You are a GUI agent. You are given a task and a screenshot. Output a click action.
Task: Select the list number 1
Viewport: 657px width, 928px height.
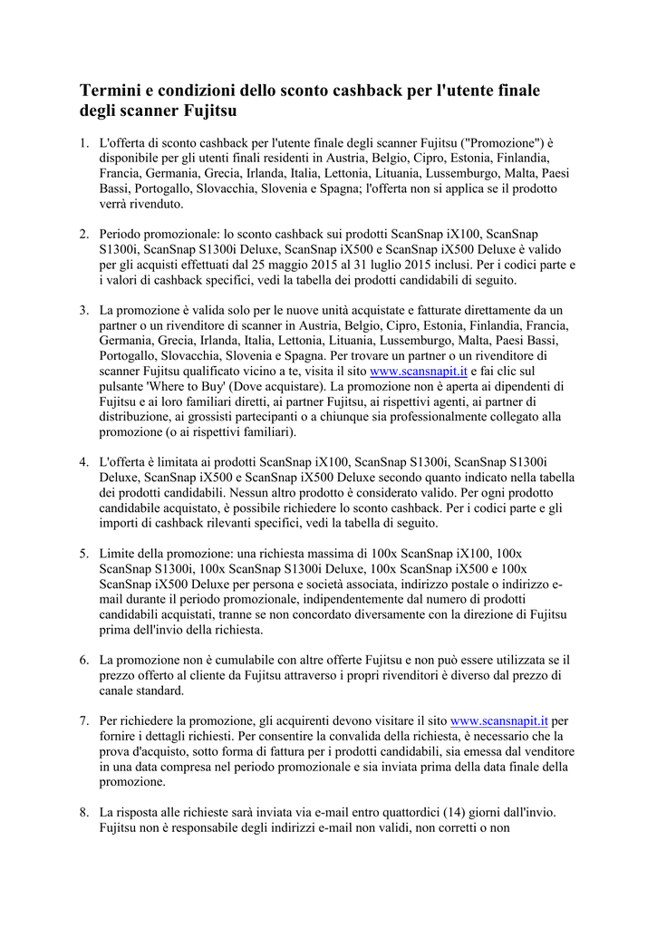click(82, 142)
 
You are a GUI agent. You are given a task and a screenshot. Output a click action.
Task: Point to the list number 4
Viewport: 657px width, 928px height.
click(82, 461)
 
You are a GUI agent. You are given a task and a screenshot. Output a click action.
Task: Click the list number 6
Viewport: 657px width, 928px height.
click(82, 660)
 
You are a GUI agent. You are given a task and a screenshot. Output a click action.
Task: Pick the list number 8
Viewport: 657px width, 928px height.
click(82, 812)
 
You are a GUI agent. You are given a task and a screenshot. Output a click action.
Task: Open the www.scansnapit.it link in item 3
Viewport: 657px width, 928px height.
click(420, 371)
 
